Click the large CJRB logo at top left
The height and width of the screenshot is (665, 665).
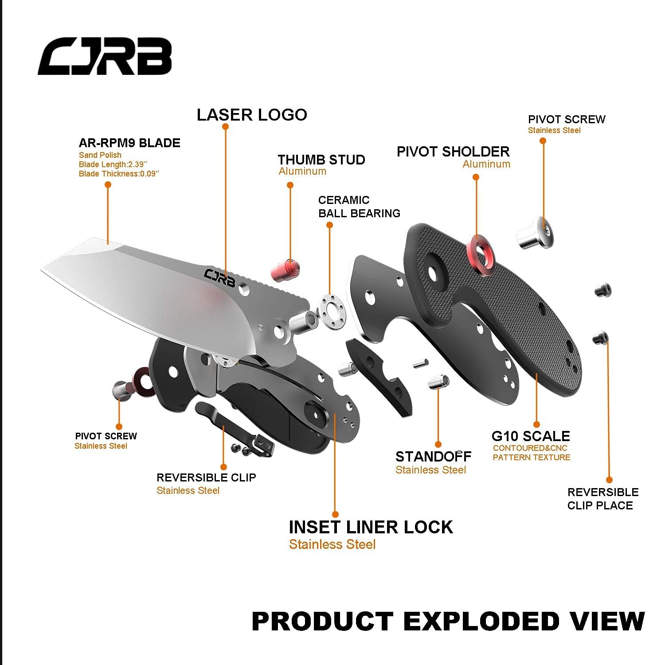[x=105, y=56]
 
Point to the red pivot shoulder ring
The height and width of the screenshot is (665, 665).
[x=480, y=253]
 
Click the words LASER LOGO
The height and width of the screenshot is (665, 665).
[x=252, y=115]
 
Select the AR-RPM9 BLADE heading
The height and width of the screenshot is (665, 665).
[x=129, y=143]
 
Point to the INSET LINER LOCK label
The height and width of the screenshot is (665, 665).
[x=371, y=527]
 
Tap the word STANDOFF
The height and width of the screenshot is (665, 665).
[x=433, y=457]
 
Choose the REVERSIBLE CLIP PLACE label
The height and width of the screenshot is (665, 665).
[x=602, y=499]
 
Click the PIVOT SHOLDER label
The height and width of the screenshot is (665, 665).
[x=453, y=152]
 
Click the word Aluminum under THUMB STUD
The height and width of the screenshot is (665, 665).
[x=302, y=172]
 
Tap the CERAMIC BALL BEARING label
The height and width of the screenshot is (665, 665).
[x=359, y=207]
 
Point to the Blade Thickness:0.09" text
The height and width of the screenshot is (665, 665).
[x=119, y=174]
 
